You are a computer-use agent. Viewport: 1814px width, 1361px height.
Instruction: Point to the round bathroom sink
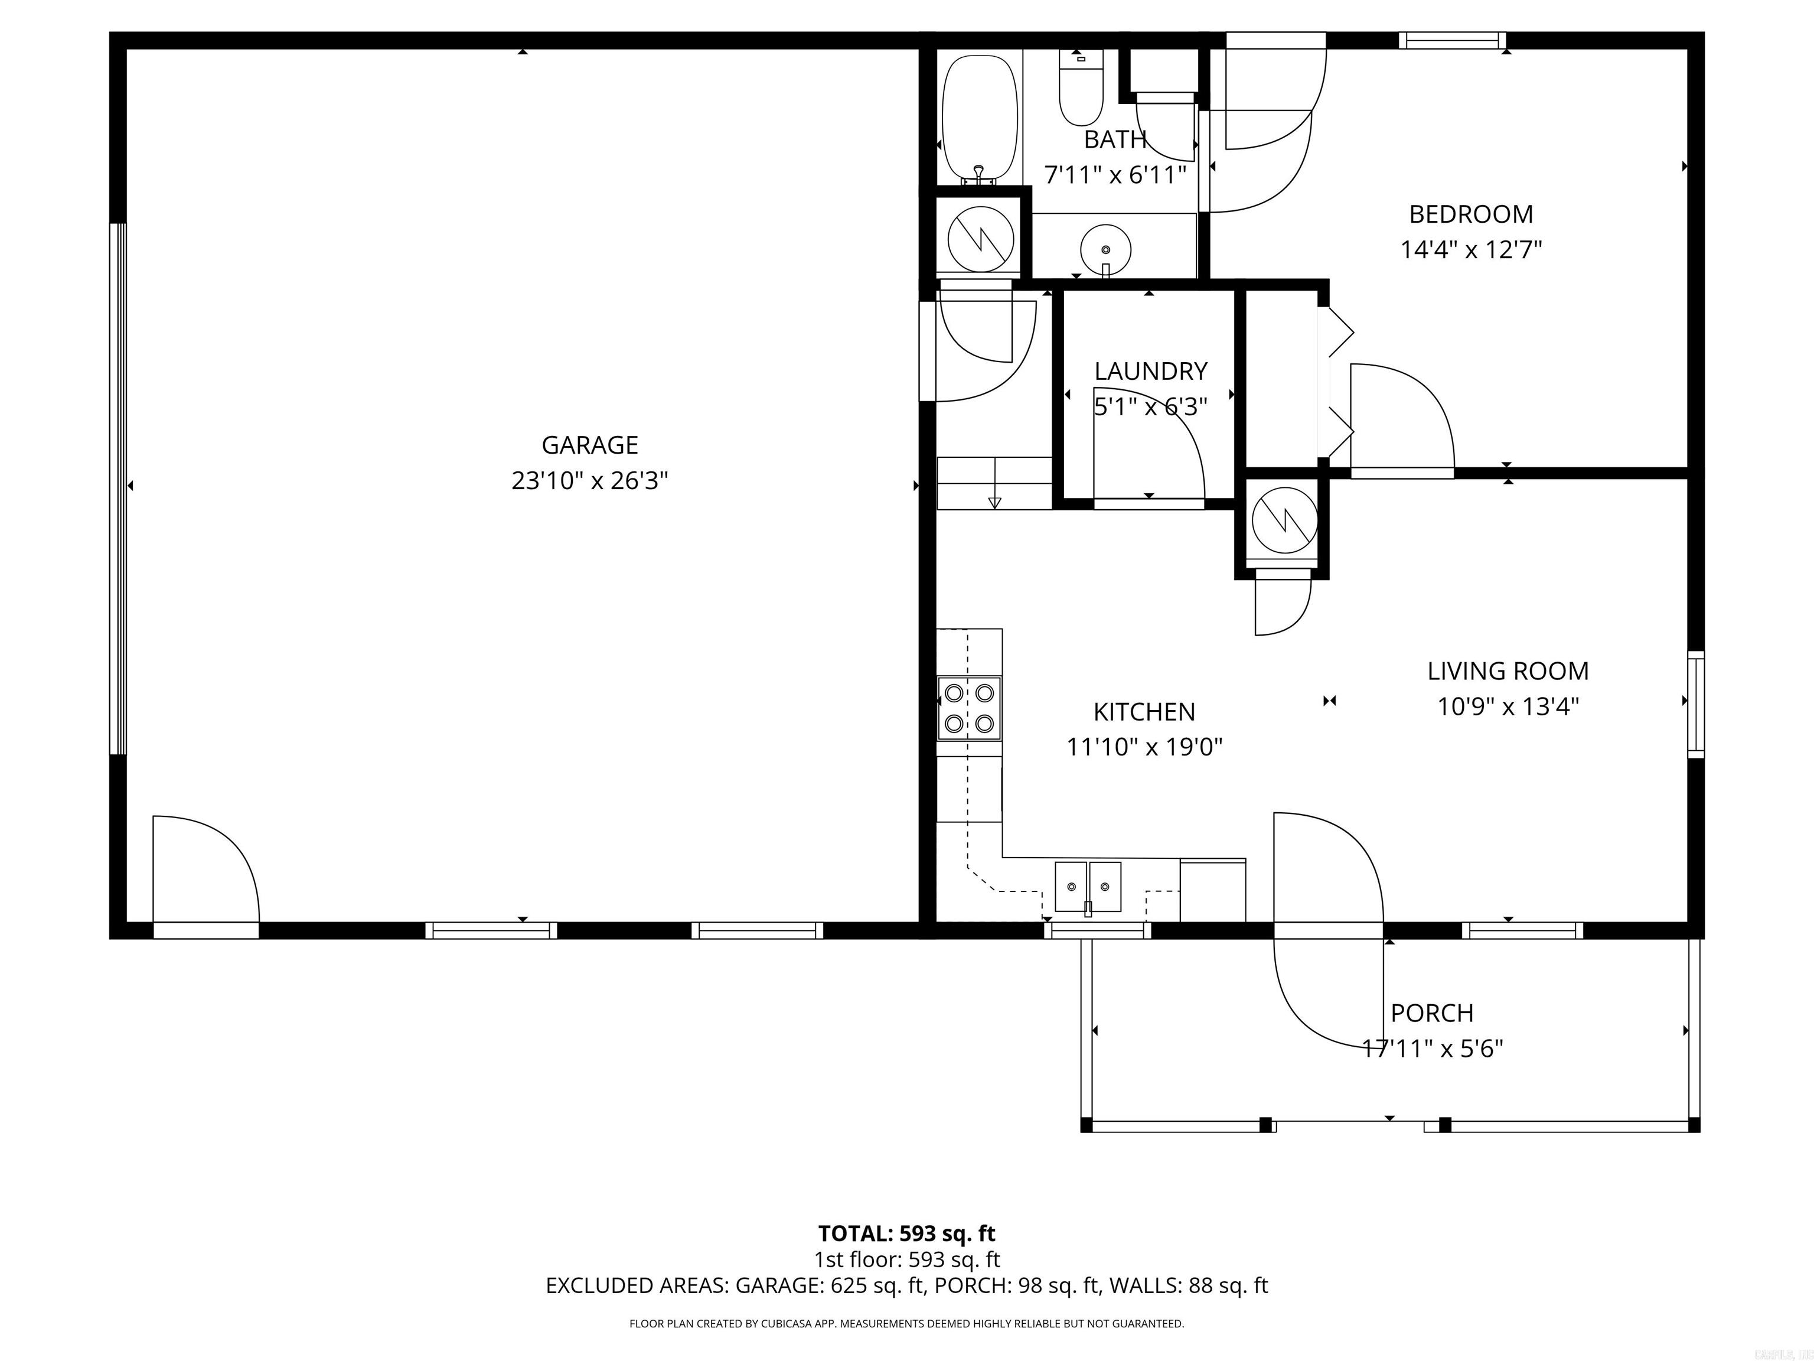(x=1105, y=249)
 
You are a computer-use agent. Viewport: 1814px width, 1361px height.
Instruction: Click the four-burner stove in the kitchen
(x=970, y=708)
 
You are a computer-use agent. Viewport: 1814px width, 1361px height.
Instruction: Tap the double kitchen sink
(x=1088, y=887)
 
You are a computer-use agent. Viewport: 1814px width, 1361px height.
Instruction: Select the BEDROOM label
(x=1470, y=214)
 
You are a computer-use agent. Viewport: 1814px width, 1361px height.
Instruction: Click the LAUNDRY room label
(x=1150, y=372)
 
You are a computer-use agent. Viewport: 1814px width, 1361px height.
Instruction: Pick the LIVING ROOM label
(x=1508, y=671)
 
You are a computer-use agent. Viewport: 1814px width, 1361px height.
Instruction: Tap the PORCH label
(x=1432, y=1013)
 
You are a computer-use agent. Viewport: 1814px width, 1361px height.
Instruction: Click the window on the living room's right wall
(x=1695, y=704)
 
